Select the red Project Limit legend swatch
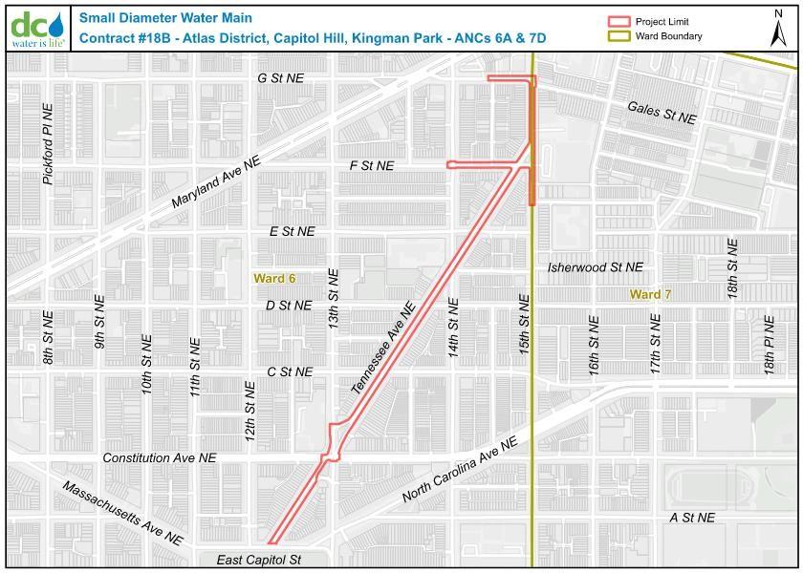pyautogui.click(x=620, y=22)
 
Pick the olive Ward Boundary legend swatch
pyautogui.click(x=620, y=36)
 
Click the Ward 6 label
pyautogui.click(x=274, y=278)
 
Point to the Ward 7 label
pyautogui.click(x=650, y=295)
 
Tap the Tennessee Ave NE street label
pyautogui.click(x=382, y=350)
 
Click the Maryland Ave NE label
pyautogui.click(x=216, y=184)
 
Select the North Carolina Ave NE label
pyautogui.click(x=460, y=470)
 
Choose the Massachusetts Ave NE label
pyautogui.click(x=122, y=513)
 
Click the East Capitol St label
pyautogui.click(x=258, y=560)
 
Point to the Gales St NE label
pyautogui.click(x=662, y=112)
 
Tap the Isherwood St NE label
pyautogui.click(x=596, y=268)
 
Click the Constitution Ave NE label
pyautogui.click(x=160, y=458)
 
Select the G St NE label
pyautogui.click(x=280, y=78)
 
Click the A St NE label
pyautogui.click(x=692, y=518)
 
